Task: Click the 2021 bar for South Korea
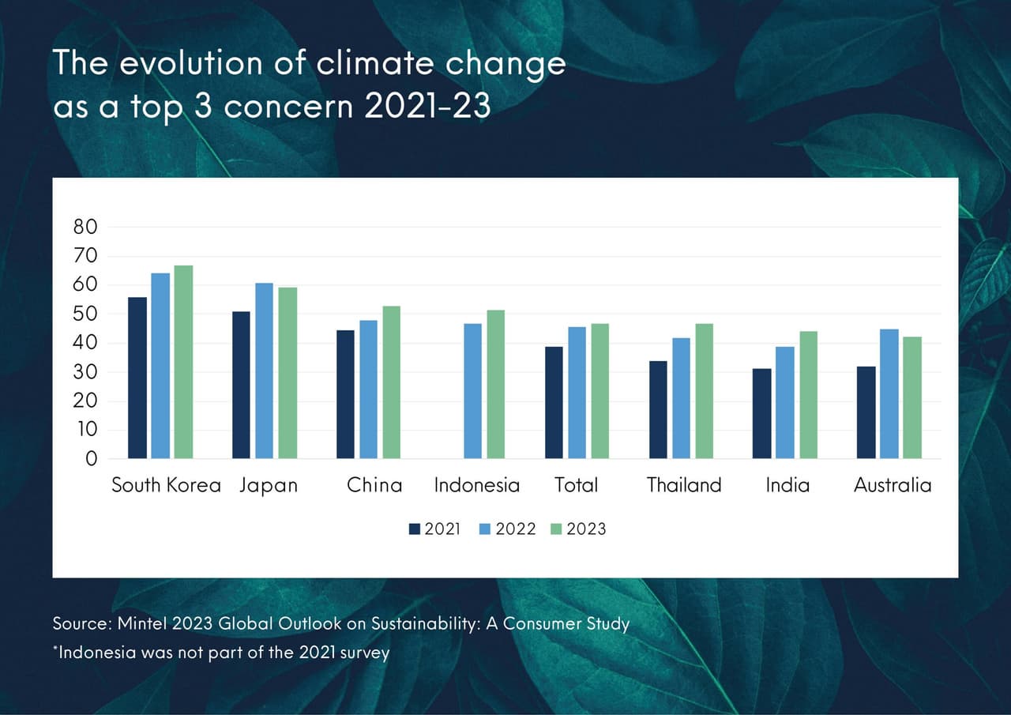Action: (137, 378)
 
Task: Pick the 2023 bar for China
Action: (392, 382)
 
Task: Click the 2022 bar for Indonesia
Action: (472, 391)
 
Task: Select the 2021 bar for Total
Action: (554, 402)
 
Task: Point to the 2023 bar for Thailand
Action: (704, 391)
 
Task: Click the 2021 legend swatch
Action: (415, 529)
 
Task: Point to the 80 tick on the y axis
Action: (85, 228)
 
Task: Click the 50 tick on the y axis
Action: (85, 314)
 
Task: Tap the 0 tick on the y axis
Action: (91, 459)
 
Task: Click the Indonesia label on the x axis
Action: (477, 485)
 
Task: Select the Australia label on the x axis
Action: (893, 485)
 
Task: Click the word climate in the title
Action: (366, 63)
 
